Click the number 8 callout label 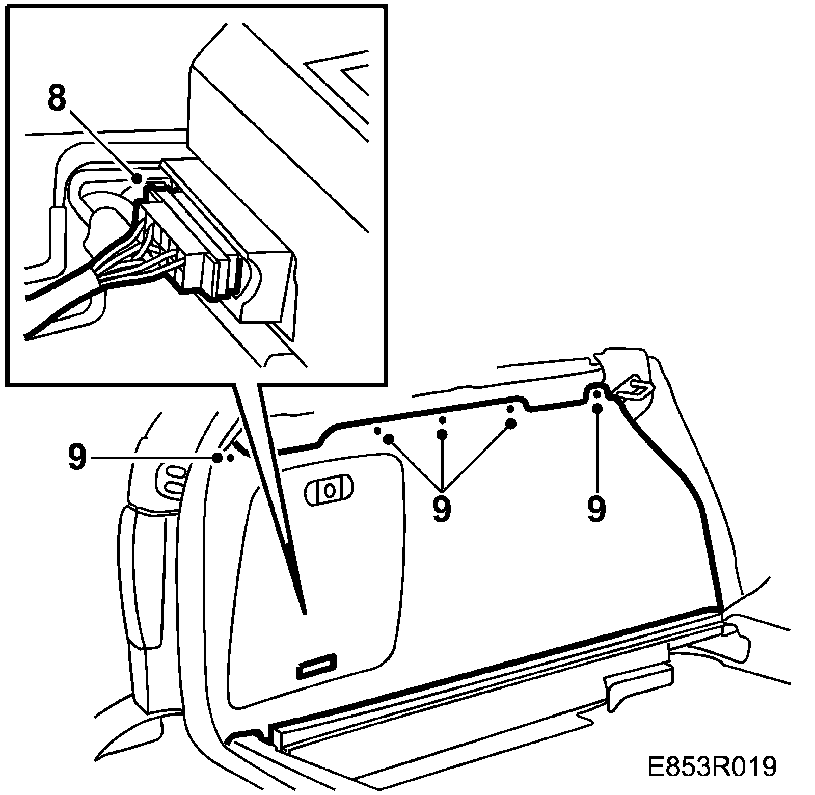tap(57, 99)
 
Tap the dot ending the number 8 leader tap(137, 178)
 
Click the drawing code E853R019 tap(712, 768)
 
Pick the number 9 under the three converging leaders tap(442, 508)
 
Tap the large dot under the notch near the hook tap(597, 408)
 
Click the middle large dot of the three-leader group tap(442, 434)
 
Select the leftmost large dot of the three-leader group tap(389, 438)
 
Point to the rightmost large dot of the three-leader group tap(511, 423)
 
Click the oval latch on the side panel tap(329, 490)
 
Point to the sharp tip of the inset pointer tap(304, 612)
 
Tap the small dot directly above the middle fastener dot tap(442, 419)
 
